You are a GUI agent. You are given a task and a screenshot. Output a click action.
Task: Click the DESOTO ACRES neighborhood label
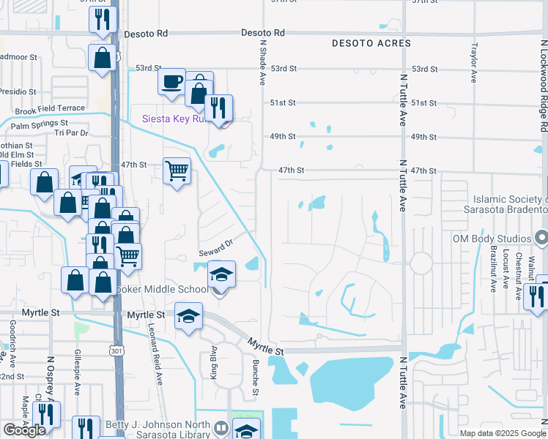tap(371, 44)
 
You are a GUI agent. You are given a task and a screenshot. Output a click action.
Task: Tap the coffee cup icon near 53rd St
tap(172, 80)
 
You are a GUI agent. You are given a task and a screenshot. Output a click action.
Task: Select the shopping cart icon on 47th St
tap(177, 172)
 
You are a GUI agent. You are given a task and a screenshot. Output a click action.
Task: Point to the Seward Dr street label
tap(215, 247)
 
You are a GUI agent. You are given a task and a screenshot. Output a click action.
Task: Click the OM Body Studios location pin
tap(541, 239)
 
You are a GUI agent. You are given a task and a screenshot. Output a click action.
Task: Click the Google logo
tap(24, 430)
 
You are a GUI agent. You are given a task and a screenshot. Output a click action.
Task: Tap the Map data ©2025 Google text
tap(502, 433)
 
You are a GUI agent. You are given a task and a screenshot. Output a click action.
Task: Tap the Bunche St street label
tap(256, 378)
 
